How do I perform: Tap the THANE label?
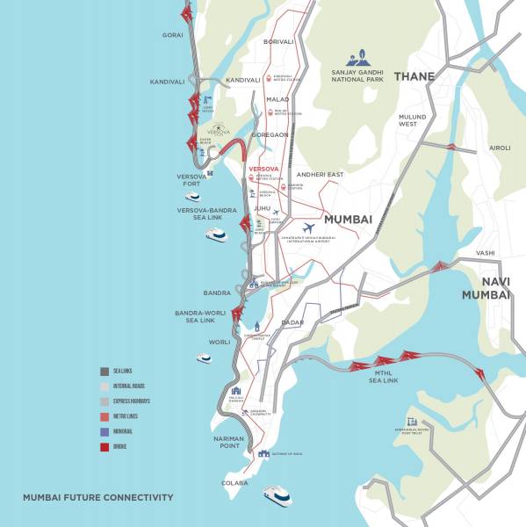click(x=414, y=77)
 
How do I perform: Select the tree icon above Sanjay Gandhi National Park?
click(x=357, y=58)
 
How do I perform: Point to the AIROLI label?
click(x=499, y=148)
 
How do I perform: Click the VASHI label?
click(x=486, y=253)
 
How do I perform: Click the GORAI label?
click(x=172, y=35)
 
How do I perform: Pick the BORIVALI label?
click(x=279, y=41)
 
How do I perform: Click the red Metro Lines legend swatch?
click(x=104, y=415)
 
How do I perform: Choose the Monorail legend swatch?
click(x=104, y=431)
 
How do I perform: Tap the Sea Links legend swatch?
click(x=104, y=371)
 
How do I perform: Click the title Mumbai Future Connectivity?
click(x=97, y=498)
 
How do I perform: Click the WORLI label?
click(x=220, y=342)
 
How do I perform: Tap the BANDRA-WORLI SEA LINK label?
click(x=201, y=316)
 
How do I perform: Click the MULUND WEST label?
click(x=413, y=120)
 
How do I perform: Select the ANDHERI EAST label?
click(x=319, y=173)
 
